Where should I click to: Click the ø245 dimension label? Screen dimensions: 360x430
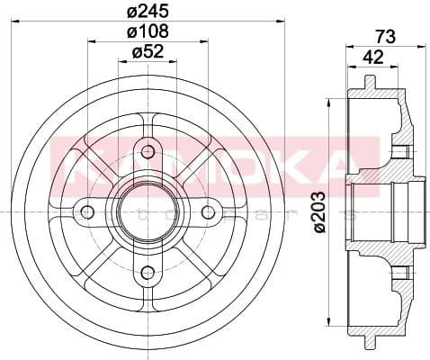coord(148,12)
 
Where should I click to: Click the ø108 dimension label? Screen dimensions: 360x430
coord(148,32)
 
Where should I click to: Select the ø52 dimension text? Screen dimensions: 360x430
coord(148,51)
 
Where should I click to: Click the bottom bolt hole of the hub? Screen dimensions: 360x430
coord(148,271)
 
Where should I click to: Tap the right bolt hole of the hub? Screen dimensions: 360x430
coord(209,211)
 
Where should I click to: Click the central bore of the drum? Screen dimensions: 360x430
coord(148,211)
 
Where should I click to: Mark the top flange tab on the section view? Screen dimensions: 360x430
coord(369,82)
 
